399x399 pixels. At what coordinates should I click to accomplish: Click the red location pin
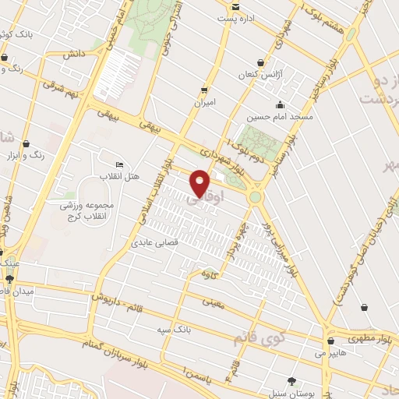(x=200, y=182)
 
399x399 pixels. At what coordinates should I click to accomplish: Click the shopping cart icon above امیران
(x=205, y=90)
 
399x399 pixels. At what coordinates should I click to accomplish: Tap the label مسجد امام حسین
(x=280, y=117)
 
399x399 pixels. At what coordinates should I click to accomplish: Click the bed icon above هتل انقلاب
(x=119, y=164)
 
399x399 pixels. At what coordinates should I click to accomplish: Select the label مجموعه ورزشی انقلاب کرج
(x=87, y=210)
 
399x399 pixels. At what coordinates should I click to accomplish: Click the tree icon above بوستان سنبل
(x=291, y=381)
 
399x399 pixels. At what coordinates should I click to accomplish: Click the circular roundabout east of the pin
(x=255, y=197)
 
